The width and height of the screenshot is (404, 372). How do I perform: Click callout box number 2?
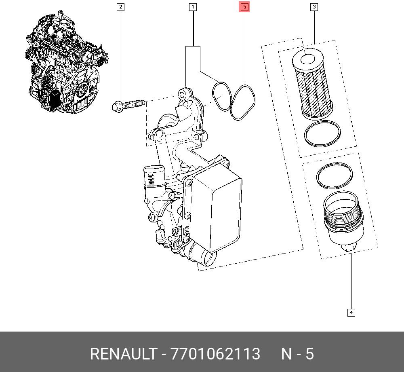click(120, 6)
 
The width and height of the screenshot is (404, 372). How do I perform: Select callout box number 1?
click(193, 6)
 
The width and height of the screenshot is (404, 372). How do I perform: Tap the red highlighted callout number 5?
click(244, 6)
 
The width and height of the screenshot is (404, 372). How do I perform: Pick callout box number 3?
click(314, 6)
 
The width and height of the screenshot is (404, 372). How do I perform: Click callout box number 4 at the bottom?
click(351, 312)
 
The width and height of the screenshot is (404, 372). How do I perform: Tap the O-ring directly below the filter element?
click(322, 134)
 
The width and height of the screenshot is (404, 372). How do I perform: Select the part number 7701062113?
click(215, 354)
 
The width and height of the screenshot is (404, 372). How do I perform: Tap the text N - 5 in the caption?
click(297, 354)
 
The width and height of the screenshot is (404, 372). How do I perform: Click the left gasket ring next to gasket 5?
click(221, 96)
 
